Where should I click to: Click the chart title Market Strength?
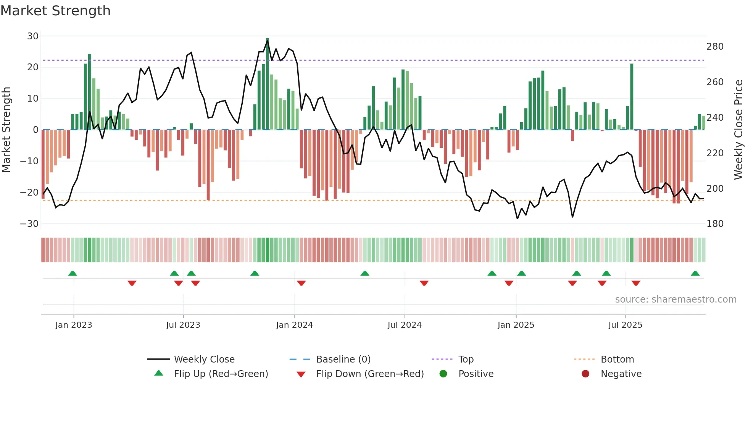pos(55,11)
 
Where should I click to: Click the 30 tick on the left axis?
pos(33,36)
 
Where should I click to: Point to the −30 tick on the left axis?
pos(29,223)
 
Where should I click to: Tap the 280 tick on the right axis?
pos(715,47)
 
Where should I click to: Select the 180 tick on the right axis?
pos(715,224)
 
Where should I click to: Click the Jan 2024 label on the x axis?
pos(294,325)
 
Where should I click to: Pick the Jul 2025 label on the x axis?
pos(625,325)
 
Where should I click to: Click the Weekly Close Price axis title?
pos(738,130)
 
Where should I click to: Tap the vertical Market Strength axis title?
pos(6,130)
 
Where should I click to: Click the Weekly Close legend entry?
pos(204,359)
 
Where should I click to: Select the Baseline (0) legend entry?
pos(343,359)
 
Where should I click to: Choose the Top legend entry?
pos(466,359)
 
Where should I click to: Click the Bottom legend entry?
pos(617,359)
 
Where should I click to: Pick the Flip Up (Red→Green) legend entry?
pos(221,374)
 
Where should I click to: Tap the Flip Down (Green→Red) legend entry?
pos(370,374)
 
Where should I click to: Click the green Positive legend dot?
pos(443,374)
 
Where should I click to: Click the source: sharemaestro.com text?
pos(675,300)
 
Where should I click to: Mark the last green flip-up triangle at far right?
pos(695,274)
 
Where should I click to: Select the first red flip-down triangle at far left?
pos(132,283)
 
